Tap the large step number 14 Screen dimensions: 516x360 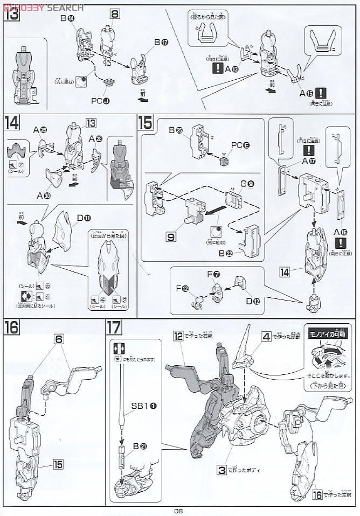(12, 123)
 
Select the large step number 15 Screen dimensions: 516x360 (145, 123)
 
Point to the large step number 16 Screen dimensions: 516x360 (12, 327)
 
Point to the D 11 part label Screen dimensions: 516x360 (84, 218)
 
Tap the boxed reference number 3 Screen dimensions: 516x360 (221, 470)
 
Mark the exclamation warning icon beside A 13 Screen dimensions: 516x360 (218, 68)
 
